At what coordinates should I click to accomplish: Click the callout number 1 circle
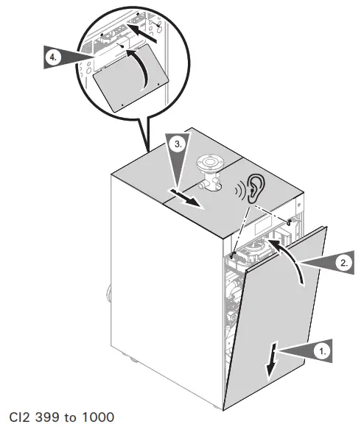[x=321, y=353]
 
